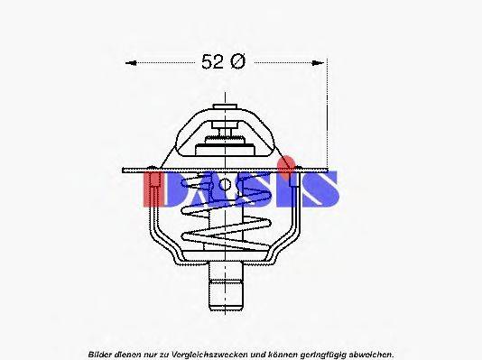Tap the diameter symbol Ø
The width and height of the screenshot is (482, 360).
tap(237, 62)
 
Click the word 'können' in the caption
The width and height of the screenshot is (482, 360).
tap(281, 355)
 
